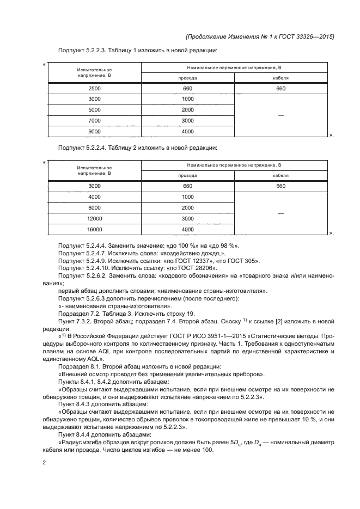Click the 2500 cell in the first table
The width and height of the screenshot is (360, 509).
(94, 88)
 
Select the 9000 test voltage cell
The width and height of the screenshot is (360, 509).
(94, 131)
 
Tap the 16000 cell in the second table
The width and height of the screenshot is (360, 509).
(94, 229)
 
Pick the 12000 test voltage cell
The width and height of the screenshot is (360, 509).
(94, 218)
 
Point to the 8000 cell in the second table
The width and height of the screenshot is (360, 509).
(94, 207)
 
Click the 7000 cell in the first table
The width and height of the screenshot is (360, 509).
(94, 120)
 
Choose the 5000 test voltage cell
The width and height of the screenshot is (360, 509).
(94, 109)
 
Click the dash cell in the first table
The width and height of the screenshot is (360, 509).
(281, 115)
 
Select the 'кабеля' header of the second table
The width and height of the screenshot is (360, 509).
(281, 176)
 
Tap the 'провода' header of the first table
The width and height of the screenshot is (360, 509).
(188, 78)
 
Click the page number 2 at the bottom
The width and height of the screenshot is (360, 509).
(44, 463)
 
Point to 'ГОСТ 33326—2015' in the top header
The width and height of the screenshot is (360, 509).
(308, 36)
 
